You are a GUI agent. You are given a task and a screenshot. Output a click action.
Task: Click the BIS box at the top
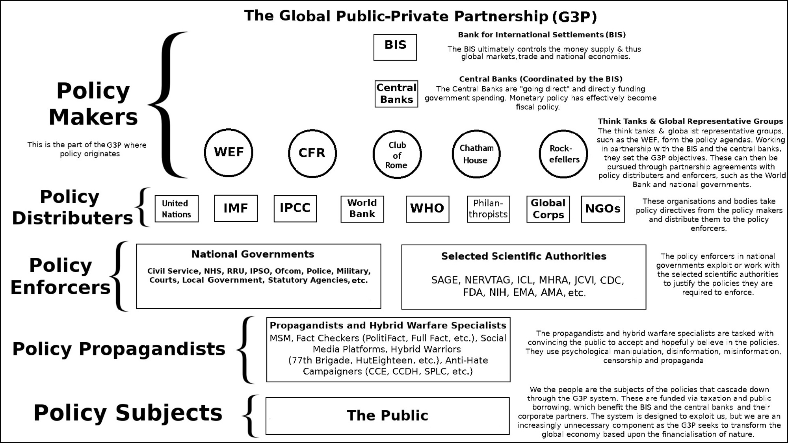[395, 47]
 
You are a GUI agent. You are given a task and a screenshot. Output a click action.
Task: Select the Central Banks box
[396, 94]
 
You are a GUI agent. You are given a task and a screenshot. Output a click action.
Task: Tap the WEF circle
[229, 152]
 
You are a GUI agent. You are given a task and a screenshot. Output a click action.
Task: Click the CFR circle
[312, 153]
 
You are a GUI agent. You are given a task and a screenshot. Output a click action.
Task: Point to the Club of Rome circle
[397, 154]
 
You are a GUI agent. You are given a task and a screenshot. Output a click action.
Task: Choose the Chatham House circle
[476, 154]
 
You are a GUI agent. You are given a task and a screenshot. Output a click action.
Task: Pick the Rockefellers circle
[563, 154]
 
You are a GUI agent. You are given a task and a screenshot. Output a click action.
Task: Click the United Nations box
[176, 209]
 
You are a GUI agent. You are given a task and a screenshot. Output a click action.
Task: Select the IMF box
[236, 208]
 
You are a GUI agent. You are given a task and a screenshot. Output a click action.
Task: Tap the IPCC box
[295, 208]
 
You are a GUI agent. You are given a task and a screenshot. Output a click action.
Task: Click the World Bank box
[362, 209]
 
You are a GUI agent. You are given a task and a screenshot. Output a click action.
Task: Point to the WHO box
[427, 209]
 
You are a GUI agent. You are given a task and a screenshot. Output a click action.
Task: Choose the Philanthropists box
[488, 209]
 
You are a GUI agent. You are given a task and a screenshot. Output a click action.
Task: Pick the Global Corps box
[548, 209]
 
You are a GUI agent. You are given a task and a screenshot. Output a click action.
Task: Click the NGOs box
[603, 209]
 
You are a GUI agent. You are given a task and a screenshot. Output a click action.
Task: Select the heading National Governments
[253, 254]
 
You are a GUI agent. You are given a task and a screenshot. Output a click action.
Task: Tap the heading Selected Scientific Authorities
[524, 256]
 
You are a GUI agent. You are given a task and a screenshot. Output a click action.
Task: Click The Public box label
[387, 416]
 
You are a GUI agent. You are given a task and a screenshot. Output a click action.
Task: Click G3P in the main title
[574, 17]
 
